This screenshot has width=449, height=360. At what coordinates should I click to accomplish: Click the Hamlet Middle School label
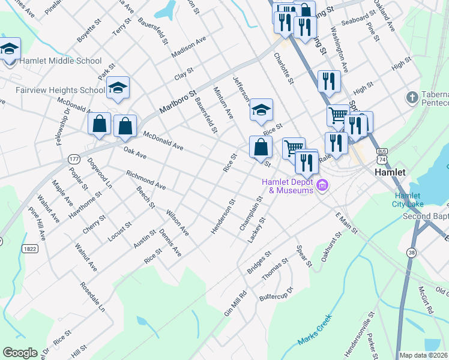pyautogui.click(x=61, y=61)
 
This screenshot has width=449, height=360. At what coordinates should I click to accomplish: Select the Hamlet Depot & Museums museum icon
pyautogui.click(x=322, y=185)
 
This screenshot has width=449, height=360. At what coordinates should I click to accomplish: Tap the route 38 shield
pyautogui.click(x=411, y=254)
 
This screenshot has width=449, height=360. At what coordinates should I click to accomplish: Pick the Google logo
pyautogui.click(x=20, y=352)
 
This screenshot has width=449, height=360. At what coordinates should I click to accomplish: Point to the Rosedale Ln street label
pyautogui.click(x=94, y=298)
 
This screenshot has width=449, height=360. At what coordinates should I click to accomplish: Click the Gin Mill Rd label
pyautogui.click(x=236, y=304)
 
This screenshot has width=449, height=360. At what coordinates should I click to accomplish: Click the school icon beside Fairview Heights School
pyautogui.click(x=118, y=89)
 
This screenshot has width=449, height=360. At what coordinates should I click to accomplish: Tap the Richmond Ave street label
pyautogui.click(x=146, y=179)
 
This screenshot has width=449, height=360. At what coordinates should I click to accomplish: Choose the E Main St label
pyautogui.click(x=346, y=223)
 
